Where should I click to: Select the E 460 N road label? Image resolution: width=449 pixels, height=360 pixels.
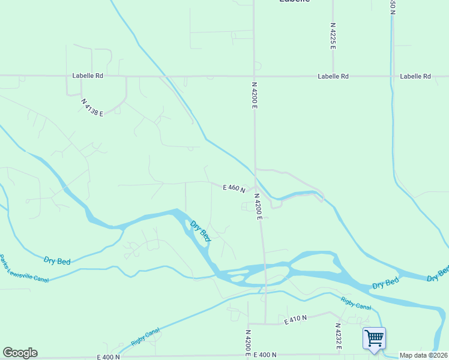coord(234,188)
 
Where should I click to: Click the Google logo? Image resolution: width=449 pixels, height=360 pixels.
coord(20,353)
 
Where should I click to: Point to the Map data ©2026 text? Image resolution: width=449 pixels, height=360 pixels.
coord(424,355)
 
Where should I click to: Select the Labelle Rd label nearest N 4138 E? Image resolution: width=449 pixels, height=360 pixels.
coord(88,76)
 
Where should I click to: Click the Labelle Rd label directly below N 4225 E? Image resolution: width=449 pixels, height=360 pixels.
coord(333,76)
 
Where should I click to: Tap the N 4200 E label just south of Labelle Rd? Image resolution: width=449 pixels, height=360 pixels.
coord(255,95)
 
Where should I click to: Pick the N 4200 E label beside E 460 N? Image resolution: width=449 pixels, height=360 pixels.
coord(258,206)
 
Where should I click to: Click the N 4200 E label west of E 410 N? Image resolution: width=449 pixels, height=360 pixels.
coord(247,340)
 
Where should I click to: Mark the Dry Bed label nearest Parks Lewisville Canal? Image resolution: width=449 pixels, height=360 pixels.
coord(57,260)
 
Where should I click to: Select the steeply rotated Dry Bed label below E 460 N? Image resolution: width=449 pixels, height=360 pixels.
coord(200,231)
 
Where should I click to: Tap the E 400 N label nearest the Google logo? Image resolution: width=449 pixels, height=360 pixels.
coord(108,357)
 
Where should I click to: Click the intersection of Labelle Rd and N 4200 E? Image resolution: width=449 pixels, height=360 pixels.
coord(253,76)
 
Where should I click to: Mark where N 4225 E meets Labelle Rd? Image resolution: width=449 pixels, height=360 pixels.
coord(333,76)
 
